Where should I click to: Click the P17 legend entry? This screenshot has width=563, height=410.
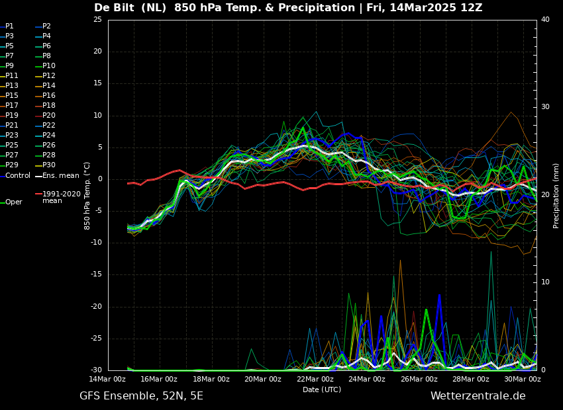click(x=9, y=105)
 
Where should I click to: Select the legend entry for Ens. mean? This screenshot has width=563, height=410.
click(x=58, y=176)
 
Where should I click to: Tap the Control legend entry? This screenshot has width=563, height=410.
click(x=15, y=176)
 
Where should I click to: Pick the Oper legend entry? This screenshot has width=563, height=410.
click(x=11, y=202)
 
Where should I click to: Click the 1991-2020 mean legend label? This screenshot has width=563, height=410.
click(x=58, y=197)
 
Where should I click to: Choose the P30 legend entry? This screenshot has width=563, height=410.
click(x=46, y=165)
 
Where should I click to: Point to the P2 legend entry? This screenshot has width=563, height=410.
click(x=43, y=26)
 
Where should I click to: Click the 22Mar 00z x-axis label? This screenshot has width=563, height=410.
click(x=315, y=379)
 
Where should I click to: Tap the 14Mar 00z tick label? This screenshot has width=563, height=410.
click(x=107, y=379)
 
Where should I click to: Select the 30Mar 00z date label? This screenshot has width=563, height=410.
click(x=523, y=379)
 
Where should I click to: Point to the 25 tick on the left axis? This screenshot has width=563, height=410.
click(x=97, y=19)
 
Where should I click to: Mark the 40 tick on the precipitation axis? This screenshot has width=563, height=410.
click(x=545, y=19)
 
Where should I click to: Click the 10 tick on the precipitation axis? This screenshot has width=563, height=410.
click(x=545, y=282)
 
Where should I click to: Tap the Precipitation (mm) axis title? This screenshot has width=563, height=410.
click(x=556, y=195)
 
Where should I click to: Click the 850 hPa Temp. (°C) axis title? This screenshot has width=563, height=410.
click(x=87, y=196)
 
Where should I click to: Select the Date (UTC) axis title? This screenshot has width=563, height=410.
click(x=322, y=389)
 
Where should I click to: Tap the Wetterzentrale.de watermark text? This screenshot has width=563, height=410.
click(x=478, y=396)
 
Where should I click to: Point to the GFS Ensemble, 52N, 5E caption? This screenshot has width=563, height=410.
click(x=141, y=396)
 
